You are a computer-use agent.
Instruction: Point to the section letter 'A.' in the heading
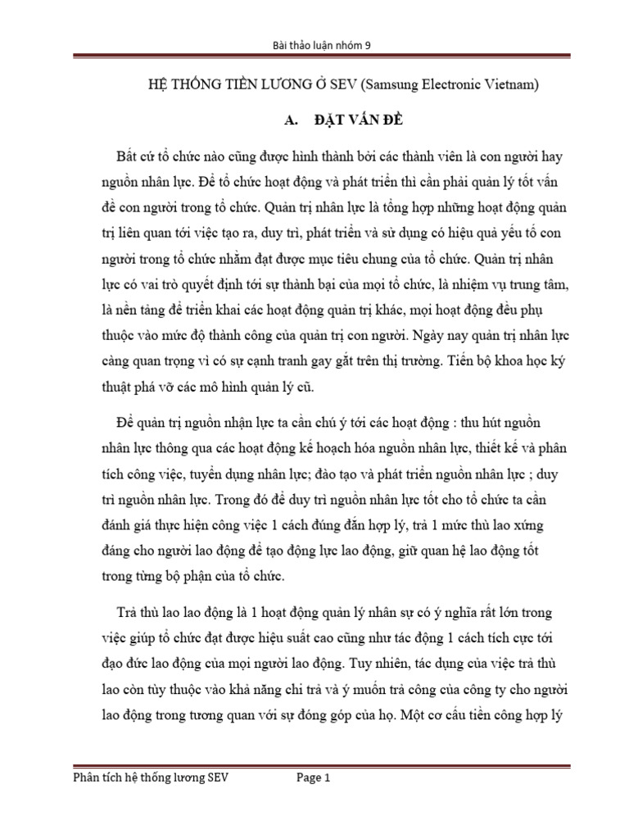point(287,120)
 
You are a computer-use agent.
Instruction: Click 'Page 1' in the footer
point(312,780)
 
